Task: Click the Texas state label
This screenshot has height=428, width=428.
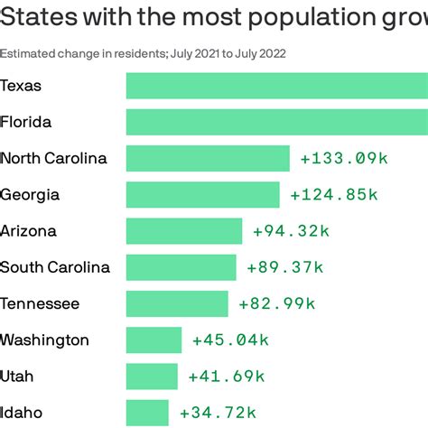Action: coord(21,86)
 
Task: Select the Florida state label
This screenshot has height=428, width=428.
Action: coord(26,122)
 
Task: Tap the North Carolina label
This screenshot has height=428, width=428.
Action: coord(53,158)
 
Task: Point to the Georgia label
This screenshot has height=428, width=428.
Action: coord(30,194)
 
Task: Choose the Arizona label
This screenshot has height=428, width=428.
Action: coord(28,230)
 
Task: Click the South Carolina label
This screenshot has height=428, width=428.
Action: coord(55,266)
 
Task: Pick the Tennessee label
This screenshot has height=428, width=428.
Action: coord(40,303)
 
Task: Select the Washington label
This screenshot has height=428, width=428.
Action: coord(44,340)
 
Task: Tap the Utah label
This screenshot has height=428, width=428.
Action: coord(17,376)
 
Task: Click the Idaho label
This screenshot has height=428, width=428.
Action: coord(21,412)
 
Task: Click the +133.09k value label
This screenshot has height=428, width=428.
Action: coord(344,158)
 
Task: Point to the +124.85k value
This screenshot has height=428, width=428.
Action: coord(334,194)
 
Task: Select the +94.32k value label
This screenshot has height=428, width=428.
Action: coord(292,230)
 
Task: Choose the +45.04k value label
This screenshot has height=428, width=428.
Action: coord(231,340)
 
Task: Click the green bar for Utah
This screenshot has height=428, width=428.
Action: coord(152,376)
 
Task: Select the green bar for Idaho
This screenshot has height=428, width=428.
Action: coord(147,412)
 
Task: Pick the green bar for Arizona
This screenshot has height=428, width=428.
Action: coord(184,230)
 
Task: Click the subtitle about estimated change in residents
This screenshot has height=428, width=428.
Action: coord(144,53)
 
